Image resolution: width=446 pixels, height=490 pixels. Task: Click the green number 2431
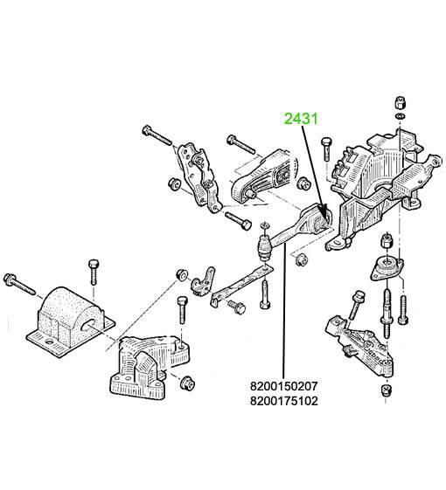tap(301, 119)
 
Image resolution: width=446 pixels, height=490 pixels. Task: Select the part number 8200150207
tap(283, 386)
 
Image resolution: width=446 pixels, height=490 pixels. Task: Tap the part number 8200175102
tap(283, 401)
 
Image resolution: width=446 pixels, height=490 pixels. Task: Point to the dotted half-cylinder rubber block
tap(71, 322)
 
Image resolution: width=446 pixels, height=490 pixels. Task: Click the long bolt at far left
tap(19, 284)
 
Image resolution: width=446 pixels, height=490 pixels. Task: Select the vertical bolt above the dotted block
tap(94, 273)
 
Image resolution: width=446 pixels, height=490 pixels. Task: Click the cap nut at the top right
tap(400, 101)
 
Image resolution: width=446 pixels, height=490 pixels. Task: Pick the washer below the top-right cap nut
tap(400, 116)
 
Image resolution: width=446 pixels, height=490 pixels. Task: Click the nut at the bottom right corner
tap(387, 390)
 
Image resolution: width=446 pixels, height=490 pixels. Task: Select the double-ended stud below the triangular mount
tap(387, 314)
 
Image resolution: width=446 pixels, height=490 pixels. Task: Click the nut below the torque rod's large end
tap(302, 259)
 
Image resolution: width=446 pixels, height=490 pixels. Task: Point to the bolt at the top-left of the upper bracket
tap(157, 135)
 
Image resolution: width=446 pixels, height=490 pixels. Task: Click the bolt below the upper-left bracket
tap(238, 220)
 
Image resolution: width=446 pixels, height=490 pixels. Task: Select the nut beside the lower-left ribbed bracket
tap(187, 383)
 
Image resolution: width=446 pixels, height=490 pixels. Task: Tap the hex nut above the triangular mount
tap(387, 240)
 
